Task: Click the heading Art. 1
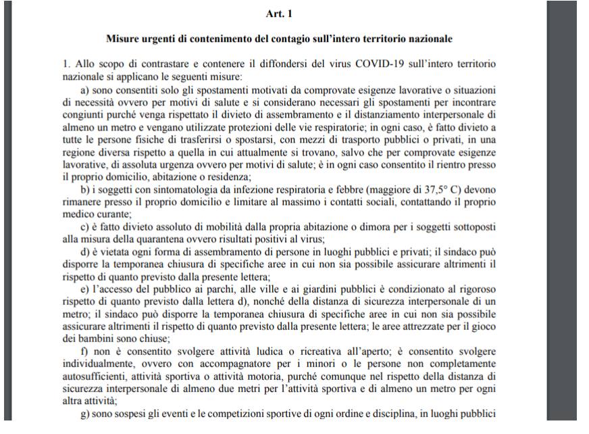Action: [280, 14]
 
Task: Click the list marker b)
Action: [86, 191]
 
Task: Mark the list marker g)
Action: [86, 414]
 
